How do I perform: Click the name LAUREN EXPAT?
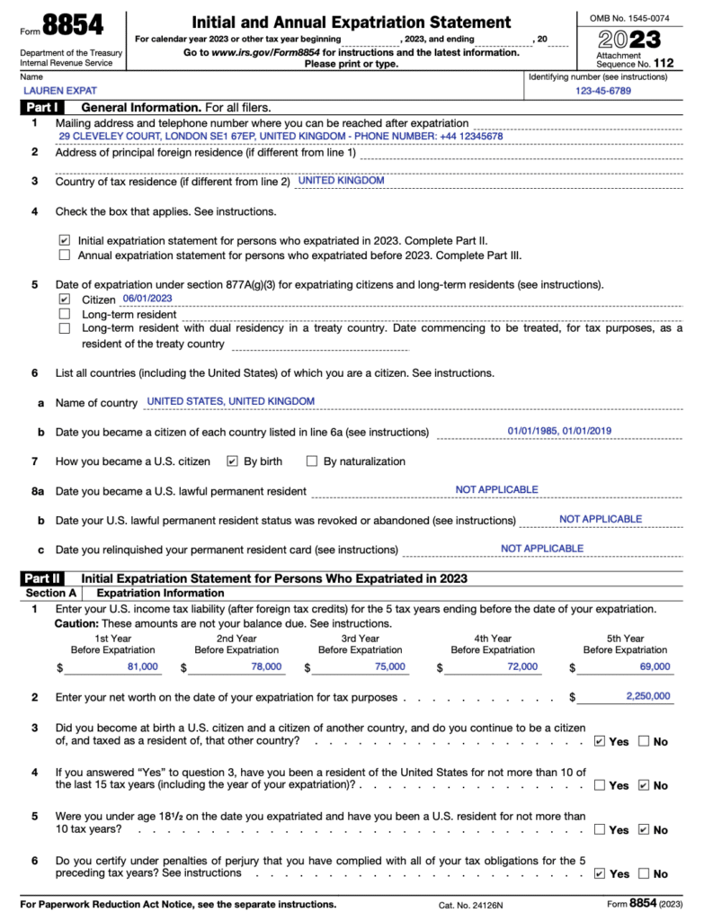(x=60, y=91)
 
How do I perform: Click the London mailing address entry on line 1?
(x=281, y=137)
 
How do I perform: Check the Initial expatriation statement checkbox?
(x=64, y=241)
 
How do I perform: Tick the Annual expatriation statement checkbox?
(x=64, y=255)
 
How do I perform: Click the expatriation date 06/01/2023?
(x=147, y=299)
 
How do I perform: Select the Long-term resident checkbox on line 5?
(x=64, y=314)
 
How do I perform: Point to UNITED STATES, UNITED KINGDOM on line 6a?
(x=230, y=401)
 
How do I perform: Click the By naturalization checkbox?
(x=312, y=461)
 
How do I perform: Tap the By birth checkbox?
(x=232, y=461)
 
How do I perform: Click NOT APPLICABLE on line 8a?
(x=496, y=489)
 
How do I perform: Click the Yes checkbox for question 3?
(x=600, y=741)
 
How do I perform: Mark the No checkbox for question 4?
(x=643, y=785)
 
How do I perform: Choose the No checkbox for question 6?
(x=643, y=873)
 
